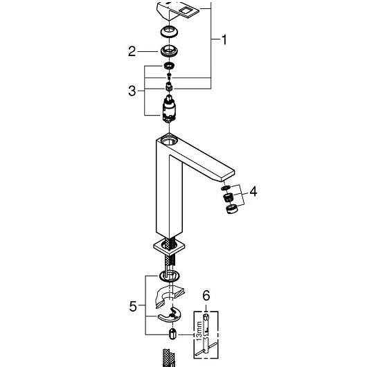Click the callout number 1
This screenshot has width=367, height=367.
[x=224, y=39]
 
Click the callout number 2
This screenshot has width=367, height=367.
[x=132, y=51]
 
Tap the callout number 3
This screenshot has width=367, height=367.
[x=132, y=91]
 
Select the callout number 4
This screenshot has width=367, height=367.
[x=253, y=191]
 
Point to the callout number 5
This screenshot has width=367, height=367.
[x=133, y=306]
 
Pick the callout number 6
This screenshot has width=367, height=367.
[x=206, y=296]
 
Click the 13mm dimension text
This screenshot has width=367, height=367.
[x=199, y=331]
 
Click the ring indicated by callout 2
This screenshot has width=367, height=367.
[x=169, y=51]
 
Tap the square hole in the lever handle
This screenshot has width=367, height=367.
[x=186, y=10]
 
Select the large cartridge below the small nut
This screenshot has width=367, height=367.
[x=169, y=109]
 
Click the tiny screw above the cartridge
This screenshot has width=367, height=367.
[x=169, y=75]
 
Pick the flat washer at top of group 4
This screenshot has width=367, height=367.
[x=226, y=188]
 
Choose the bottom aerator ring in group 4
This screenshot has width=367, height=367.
[x=232, y=208]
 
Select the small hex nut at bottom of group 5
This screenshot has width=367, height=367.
[x=172, y=334]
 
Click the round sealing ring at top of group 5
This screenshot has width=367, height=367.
[x=170, y=276]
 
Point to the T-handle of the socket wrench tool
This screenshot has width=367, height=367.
[x=205, y=349]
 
